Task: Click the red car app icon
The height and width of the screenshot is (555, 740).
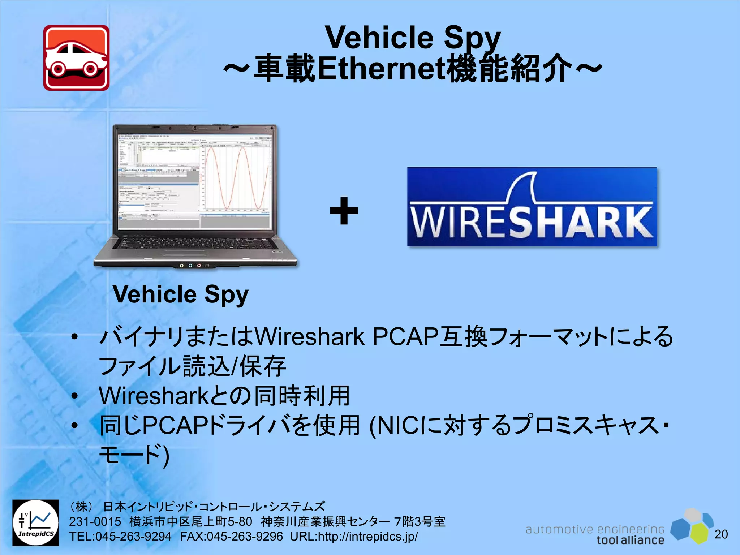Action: click(x=76, y=58)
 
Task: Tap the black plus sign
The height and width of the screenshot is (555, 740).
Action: click(x=344, y=211)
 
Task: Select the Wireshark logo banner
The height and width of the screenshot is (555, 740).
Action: click(x=532, y=207)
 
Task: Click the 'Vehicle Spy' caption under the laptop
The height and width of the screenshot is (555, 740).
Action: click(x=180, y=294)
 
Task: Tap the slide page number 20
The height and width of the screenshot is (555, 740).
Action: click(x=721, y=534)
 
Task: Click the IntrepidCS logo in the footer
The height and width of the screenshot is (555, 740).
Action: click(x=35, y=522)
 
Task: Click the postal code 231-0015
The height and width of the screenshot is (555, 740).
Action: click(x=95, y=521)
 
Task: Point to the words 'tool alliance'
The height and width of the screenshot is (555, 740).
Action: click(x=630, y=540)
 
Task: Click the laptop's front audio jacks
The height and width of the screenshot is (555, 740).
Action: click(x=190, y=266)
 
